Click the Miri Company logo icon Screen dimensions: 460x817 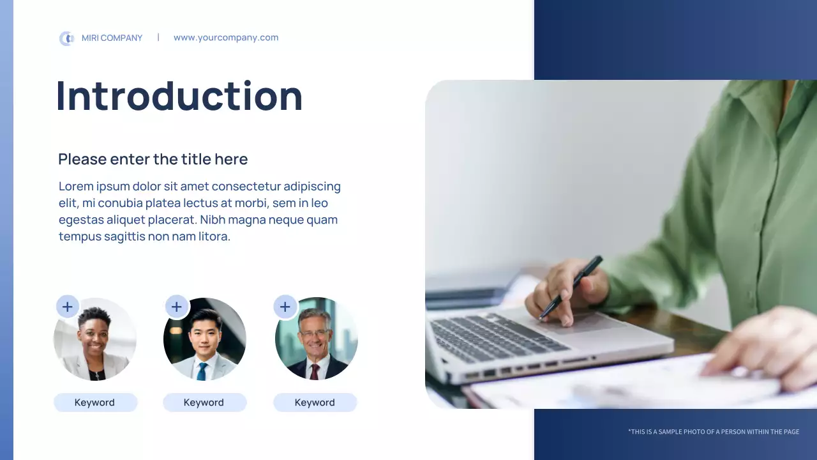click(x=66, y=38)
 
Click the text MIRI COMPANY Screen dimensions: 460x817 click(x=112, y=38)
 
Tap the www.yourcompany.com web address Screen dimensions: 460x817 click(x=226, y=38)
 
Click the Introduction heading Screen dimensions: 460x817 click(x=179, y=96)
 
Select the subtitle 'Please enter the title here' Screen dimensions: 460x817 click(x=153, y=159)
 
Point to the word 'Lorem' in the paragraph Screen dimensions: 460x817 click(x=75, y=187)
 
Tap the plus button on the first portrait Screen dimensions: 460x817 click(x=68, y=307)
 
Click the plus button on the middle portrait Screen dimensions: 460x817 click(x=177, y=307)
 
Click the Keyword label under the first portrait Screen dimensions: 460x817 click(x=95, y=402)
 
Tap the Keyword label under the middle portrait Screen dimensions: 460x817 click(x=204, y=402)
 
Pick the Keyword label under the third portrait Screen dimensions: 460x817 click(x=315, y=402)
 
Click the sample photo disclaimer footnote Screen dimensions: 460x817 click(x=713, y=432)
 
